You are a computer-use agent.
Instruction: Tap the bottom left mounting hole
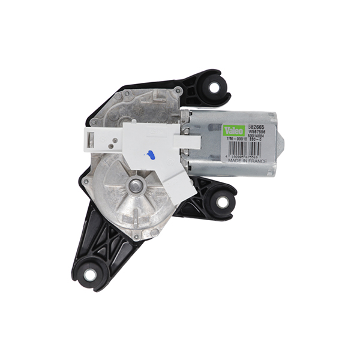point(89,275)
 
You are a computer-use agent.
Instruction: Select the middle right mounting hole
point(223,202)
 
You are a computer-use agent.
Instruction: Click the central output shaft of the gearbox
point(136,186)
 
